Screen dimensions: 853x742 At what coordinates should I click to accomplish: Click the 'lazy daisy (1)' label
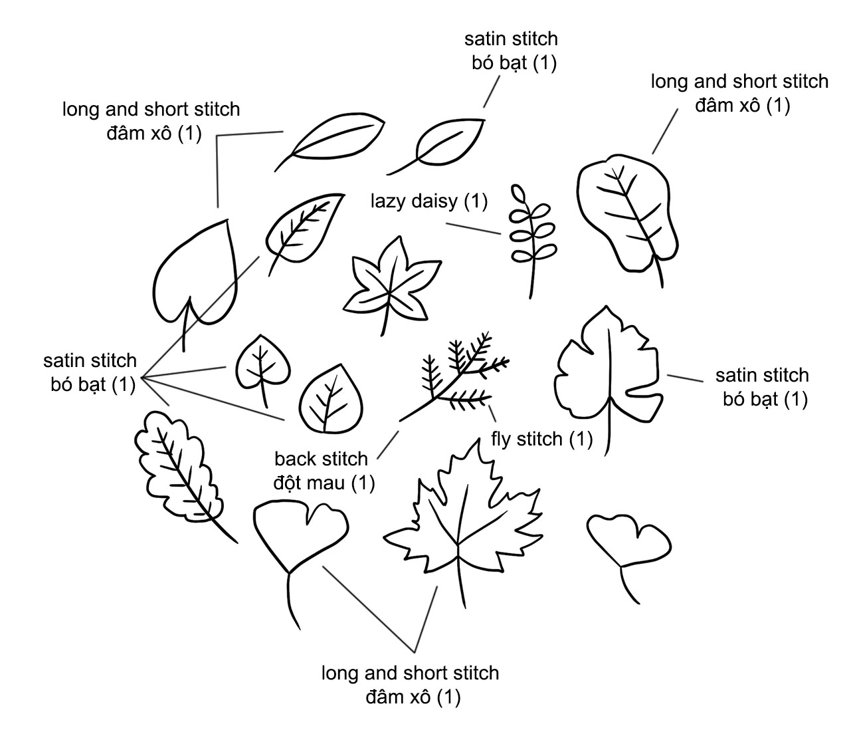coord(428,201)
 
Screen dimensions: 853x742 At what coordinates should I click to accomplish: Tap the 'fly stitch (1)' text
coord(541,439)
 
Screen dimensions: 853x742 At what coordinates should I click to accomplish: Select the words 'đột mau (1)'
coord(324,483)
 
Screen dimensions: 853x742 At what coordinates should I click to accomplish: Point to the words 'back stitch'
coord(321,459)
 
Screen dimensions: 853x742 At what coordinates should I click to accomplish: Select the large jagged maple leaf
coord(463,521)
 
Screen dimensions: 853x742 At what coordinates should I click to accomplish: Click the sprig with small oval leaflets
coord(532,241)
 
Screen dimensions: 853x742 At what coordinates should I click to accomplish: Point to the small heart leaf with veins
coord(262,367)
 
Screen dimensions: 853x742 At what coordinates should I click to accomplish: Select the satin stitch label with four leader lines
coord(90,372)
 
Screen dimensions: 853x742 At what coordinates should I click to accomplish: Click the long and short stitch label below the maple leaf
coord(411,685)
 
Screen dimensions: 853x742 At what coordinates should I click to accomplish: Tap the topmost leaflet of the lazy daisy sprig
coord(519,193)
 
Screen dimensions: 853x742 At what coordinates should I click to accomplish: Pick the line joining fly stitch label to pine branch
coord(492,414)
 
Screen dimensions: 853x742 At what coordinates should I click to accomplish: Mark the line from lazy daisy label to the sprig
coord(473,229)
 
